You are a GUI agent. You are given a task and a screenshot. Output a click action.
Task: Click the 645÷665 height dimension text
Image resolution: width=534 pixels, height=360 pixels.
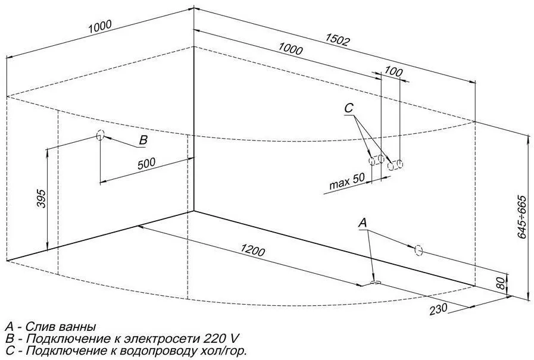(x=521, y=217)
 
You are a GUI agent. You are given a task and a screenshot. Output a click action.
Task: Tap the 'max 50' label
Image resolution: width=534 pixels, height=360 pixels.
(x=346, y=182)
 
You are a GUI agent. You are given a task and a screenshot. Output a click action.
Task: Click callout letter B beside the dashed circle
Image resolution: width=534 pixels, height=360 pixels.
(x=143, y=140)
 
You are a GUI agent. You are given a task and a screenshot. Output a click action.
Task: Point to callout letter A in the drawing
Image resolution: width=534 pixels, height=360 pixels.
(x=364, y=223)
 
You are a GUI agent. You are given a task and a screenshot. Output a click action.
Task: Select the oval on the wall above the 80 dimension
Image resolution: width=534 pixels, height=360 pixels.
(x=419, y=250)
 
